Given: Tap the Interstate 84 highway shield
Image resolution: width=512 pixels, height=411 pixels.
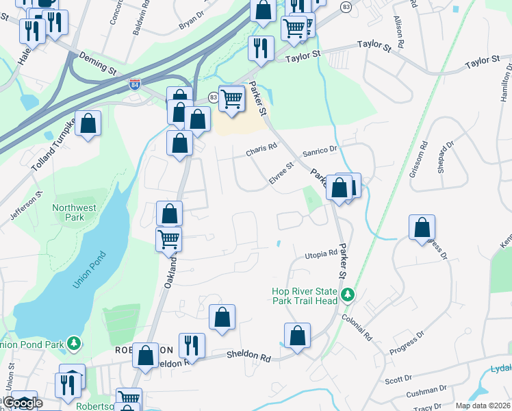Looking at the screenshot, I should coord(134,85).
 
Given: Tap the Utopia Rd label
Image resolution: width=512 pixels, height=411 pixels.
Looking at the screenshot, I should coord(321,254).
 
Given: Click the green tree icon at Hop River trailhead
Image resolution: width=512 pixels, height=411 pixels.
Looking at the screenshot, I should coord(348,295).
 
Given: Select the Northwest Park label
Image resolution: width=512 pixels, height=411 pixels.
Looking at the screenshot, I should coord(75,212).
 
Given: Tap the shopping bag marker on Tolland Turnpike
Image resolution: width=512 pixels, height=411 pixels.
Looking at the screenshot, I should coord(88,124).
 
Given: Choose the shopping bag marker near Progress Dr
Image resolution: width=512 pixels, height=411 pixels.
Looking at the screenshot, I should coord(422,228).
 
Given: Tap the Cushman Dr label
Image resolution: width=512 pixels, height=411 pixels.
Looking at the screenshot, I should coord(426,393).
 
